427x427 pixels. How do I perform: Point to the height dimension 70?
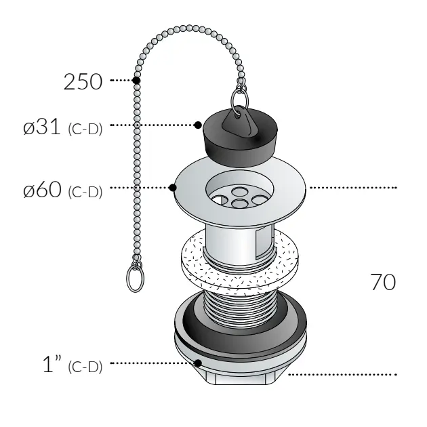[383, 281]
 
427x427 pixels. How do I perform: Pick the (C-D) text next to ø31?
[85, 129]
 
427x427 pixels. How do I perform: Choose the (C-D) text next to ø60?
[85, 192]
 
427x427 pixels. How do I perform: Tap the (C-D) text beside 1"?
[85, 367]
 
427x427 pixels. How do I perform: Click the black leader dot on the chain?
[136, 81]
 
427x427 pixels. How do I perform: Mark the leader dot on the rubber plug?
[198, 125]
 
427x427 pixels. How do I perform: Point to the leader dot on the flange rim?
[173, 188]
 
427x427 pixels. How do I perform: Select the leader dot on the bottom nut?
[197, 363]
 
